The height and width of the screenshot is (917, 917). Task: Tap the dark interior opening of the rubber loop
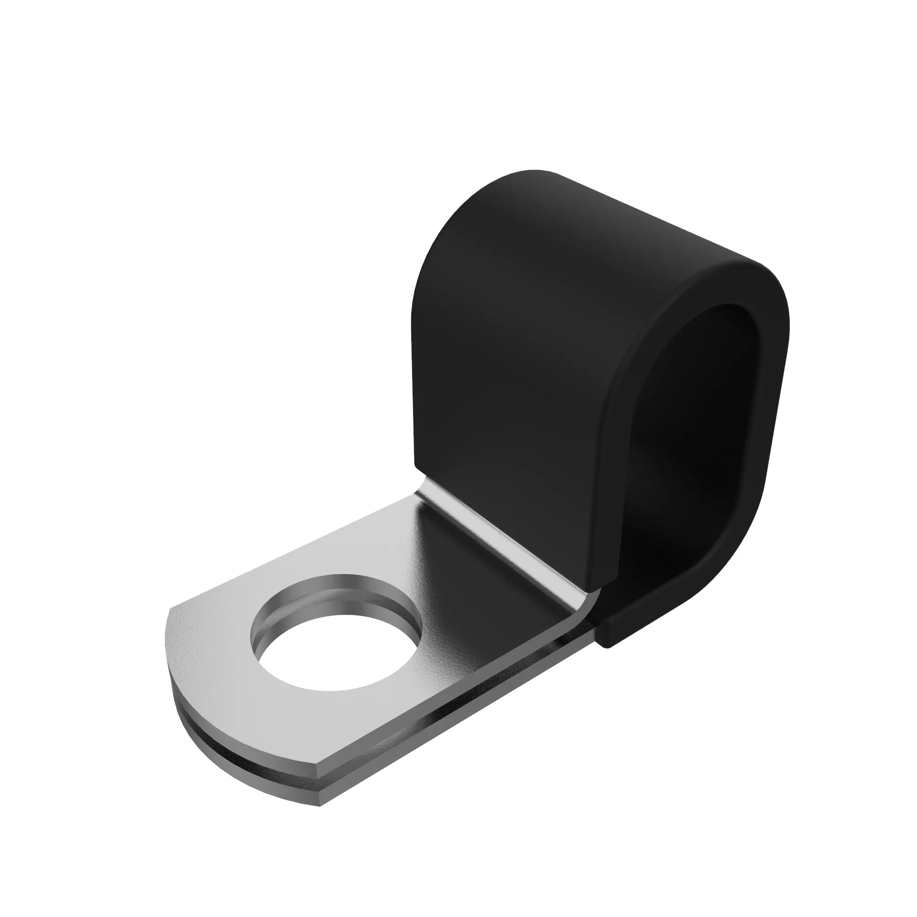(702, 427)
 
